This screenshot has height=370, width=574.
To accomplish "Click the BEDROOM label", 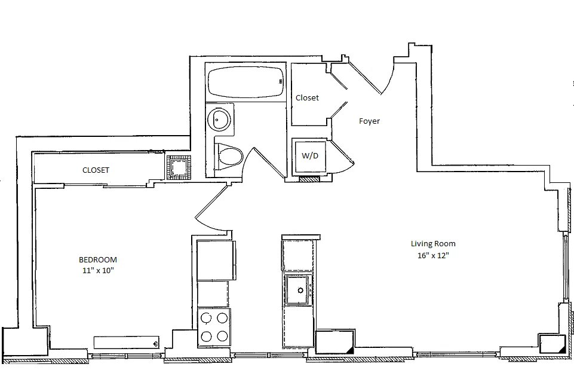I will (x=97, y=259).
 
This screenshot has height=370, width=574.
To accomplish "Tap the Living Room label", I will (x=433, y=243).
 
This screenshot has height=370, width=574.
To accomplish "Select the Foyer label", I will (x=369, y=121).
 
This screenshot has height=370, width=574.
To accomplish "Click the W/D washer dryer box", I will (x=309, y=157).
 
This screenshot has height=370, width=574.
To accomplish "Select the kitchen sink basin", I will (x=297, y=290).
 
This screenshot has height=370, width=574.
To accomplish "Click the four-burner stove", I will (x=214, y=326).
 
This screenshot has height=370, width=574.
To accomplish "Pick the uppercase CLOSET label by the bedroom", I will (x=96, y=170).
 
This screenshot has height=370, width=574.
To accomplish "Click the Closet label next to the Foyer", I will (x=307, y=97).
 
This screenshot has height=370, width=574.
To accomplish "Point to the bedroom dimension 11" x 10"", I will (x=97, y=270).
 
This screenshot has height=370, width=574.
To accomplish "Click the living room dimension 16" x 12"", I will (x=433, y=255).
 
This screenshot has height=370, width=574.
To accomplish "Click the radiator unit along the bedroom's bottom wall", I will (x=126, y=343).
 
